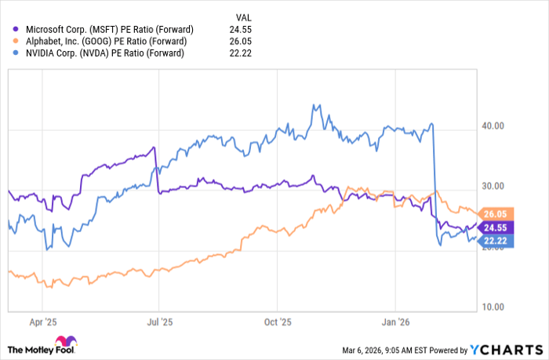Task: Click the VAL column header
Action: [244, 16]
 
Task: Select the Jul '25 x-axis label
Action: [158, 322]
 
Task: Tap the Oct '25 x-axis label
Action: [276, 322]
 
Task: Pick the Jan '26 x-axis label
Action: [395, 322]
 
